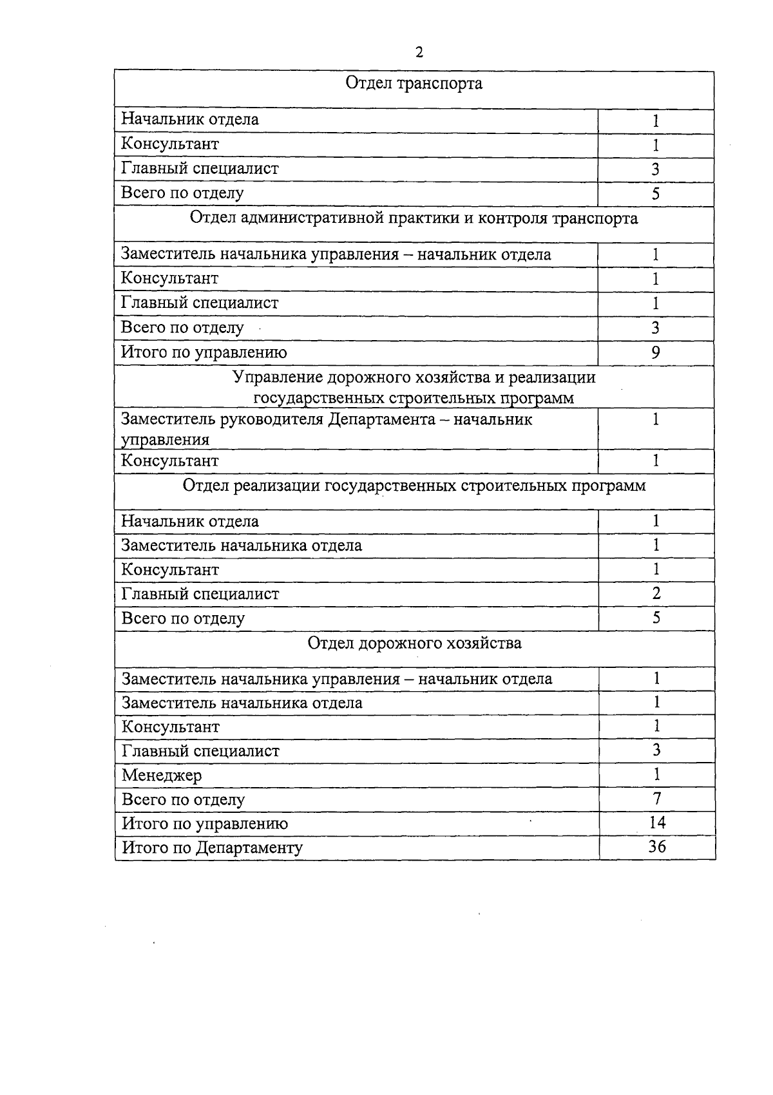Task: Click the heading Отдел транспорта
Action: (414, 84)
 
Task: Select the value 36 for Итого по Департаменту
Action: (656, 846)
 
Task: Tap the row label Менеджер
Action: (162, 775)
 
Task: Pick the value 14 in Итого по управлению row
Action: (656, 822)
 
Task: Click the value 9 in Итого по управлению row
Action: (655, 352)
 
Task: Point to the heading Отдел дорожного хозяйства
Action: (414, 643)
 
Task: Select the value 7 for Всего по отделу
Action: (656, 798)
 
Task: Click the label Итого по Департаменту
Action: (212, 847)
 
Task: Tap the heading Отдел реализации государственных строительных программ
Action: (414, 485)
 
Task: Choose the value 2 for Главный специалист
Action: (656, 593)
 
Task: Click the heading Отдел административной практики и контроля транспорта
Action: (414, 218)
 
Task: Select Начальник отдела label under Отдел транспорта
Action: (190, 119)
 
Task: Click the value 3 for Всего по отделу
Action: (655, 328)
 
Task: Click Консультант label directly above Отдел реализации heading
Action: (170, 461)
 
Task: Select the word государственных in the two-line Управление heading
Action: (319, 398)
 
